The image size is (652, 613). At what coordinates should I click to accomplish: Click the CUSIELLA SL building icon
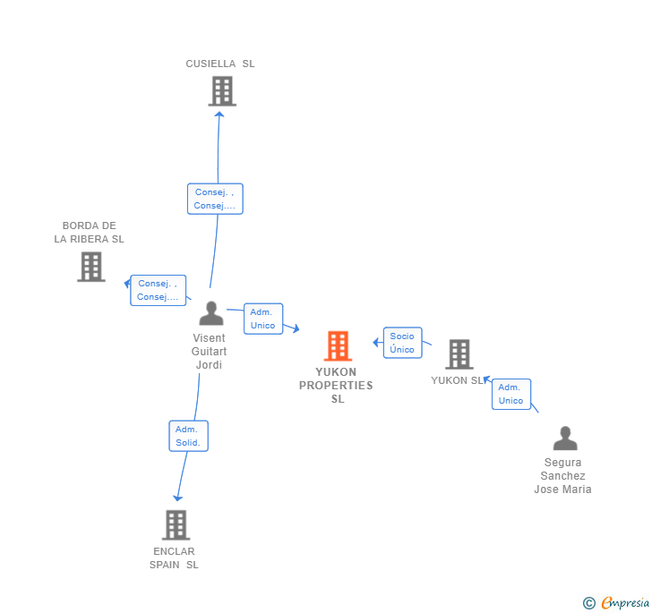click(x=221, y=90)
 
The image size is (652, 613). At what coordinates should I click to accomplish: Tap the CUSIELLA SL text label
click(x=220, y=64)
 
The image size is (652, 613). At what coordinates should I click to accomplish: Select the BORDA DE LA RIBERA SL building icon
click(x=90, y=267)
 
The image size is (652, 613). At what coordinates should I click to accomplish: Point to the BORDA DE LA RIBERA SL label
click(x=89, y=233)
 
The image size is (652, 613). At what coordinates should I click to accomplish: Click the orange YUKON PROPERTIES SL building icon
click(x=338, y=345)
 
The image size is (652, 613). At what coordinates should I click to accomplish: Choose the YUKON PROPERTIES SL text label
click(x=336, y=386)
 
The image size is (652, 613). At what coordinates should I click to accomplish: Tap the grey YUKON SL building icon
click(x=459, y=354)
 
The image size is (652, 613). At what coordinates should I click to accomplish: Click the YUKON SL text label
click(x=457, y=380)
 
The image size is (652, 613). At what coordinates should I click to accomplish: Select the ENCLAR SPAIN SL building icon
click(x=176, y=524)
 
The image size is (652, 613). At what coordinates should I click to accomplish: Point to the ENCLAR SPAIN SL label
click(x=174, y=558)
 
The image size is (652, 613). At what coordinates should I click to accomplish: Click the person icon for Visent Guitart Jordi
click(x=210, y=313)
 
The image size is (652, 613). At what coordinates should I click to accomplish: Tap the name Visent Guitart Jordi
click(x=209, y=352)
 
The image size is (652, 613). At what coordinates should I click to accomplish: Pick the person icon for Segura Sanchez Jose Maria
click(x=565, y=438)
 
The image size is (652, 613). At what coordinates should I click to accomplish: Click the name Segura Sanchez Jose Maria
click(x=562, y=476)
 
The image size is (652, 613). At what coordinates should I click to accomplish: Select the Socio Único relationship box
click(x=402, y=343)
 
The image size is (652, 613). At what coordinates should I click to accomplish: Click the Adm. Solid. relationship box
click(x=188, y=436)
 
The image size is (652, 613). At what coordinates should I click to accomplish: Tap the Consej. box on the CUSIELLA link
click(x=215, y=199)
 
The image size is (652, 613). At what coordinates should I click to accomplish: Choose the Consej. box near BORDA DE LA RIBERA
click(x=158, y=290)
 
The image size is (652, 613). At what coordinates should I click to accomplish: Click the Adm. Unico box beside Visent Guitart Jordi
click(x=262, y=319)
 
